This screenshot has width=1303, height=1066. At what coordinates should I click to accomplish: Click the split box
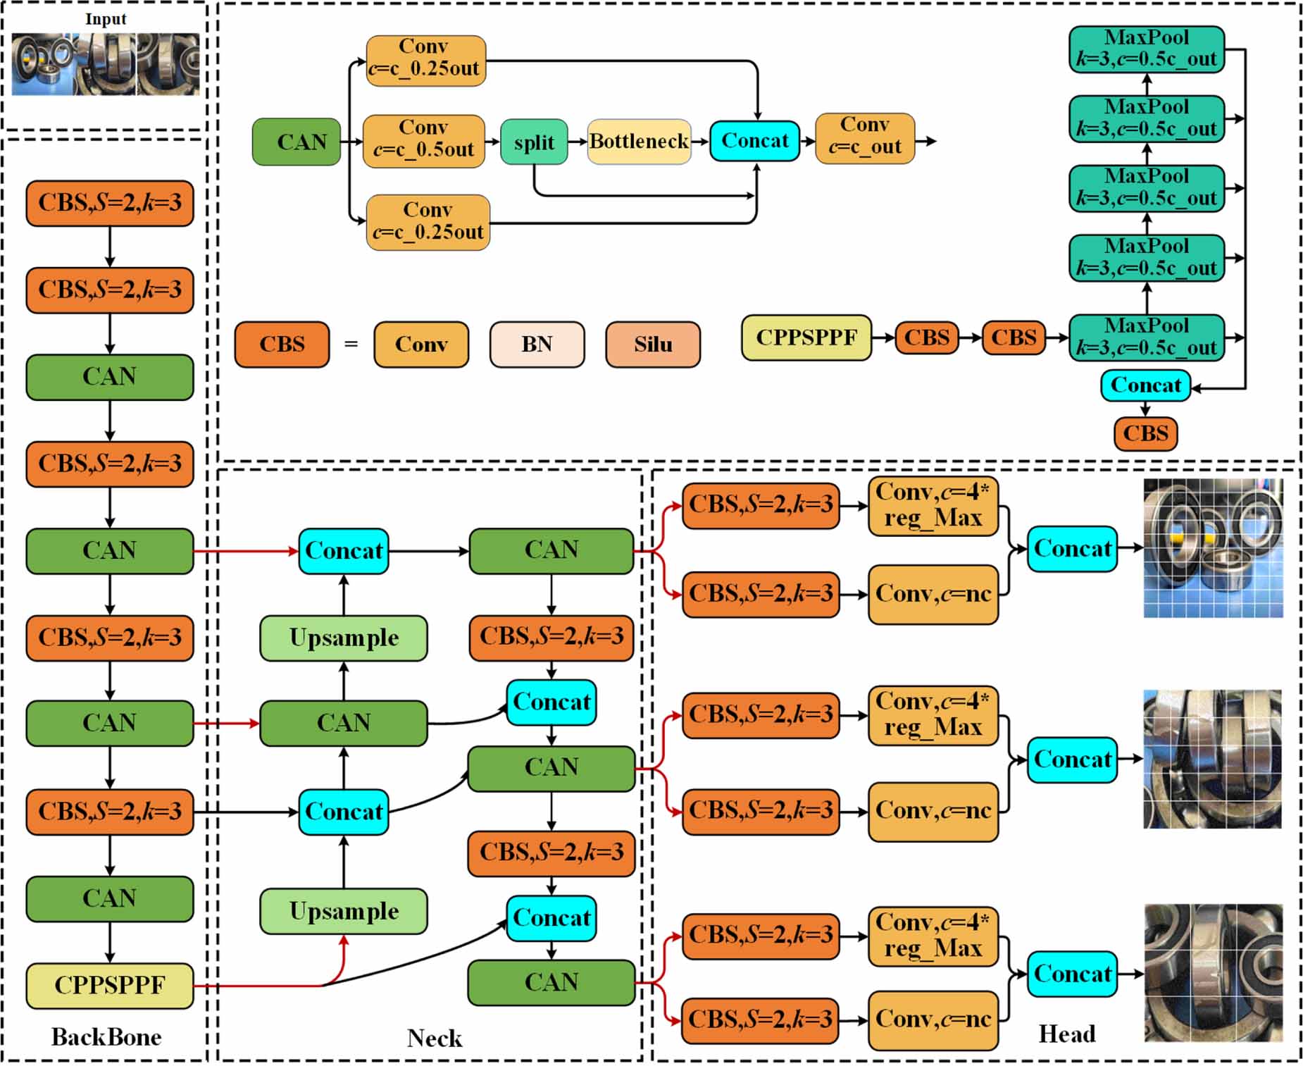coord(534,142)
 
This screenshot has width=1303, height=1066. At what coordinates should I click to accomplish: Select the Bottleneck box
coord(639,142)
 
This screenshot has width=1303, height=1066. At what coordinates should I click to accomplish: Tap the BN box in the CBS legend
coord(537,345)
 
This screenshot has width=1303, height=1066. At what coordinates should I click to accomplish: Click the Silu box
coord(652,345)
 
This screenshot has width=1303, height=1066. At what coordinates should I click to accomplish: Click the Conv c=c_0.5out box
coord(423,140)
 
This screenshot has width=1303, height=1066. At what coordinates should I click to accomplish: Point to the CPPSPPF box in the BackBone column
coord(110,985)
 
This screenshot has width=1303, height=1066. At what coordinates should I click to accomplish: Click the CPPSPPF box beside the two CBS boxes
coord(806,337)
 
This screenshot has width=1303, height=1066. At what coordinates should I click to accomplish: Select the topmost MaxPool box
coord(1146,49)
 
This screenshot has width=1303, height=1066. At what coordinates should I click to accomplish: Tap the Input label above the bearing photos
coord(106,19)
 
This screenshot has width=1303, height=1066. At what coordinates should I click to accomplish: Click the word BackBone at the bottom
coord(106,1036)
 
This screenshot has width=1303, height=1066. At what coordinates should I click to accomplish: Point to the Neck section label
coord(435,1038)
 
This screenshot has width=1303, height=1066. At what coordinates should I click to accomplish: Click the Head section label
coord(1066,1034)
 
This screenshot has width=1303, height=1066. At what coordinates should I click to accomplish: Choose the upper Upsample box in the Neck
coord(344,638)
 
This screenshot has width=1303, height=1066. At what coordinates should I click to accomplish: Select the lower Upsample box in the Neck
coord(344,911)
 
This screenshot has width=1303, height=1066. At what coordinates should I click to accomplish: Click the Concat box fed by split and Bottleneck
coord(754,141)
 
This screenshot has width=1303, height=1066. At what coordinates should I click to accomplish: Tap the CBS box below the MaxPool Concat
coord(1145,433)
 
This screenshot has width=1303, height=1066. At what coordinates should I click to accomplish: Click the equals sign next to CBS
coord(351,345)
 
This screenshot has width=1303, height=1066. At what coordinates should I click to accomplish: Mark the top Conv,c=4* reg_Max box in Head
coord(933,505)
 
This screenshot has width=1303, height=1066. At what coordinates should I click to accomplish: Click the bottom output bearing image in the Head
coord(1213,972)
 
